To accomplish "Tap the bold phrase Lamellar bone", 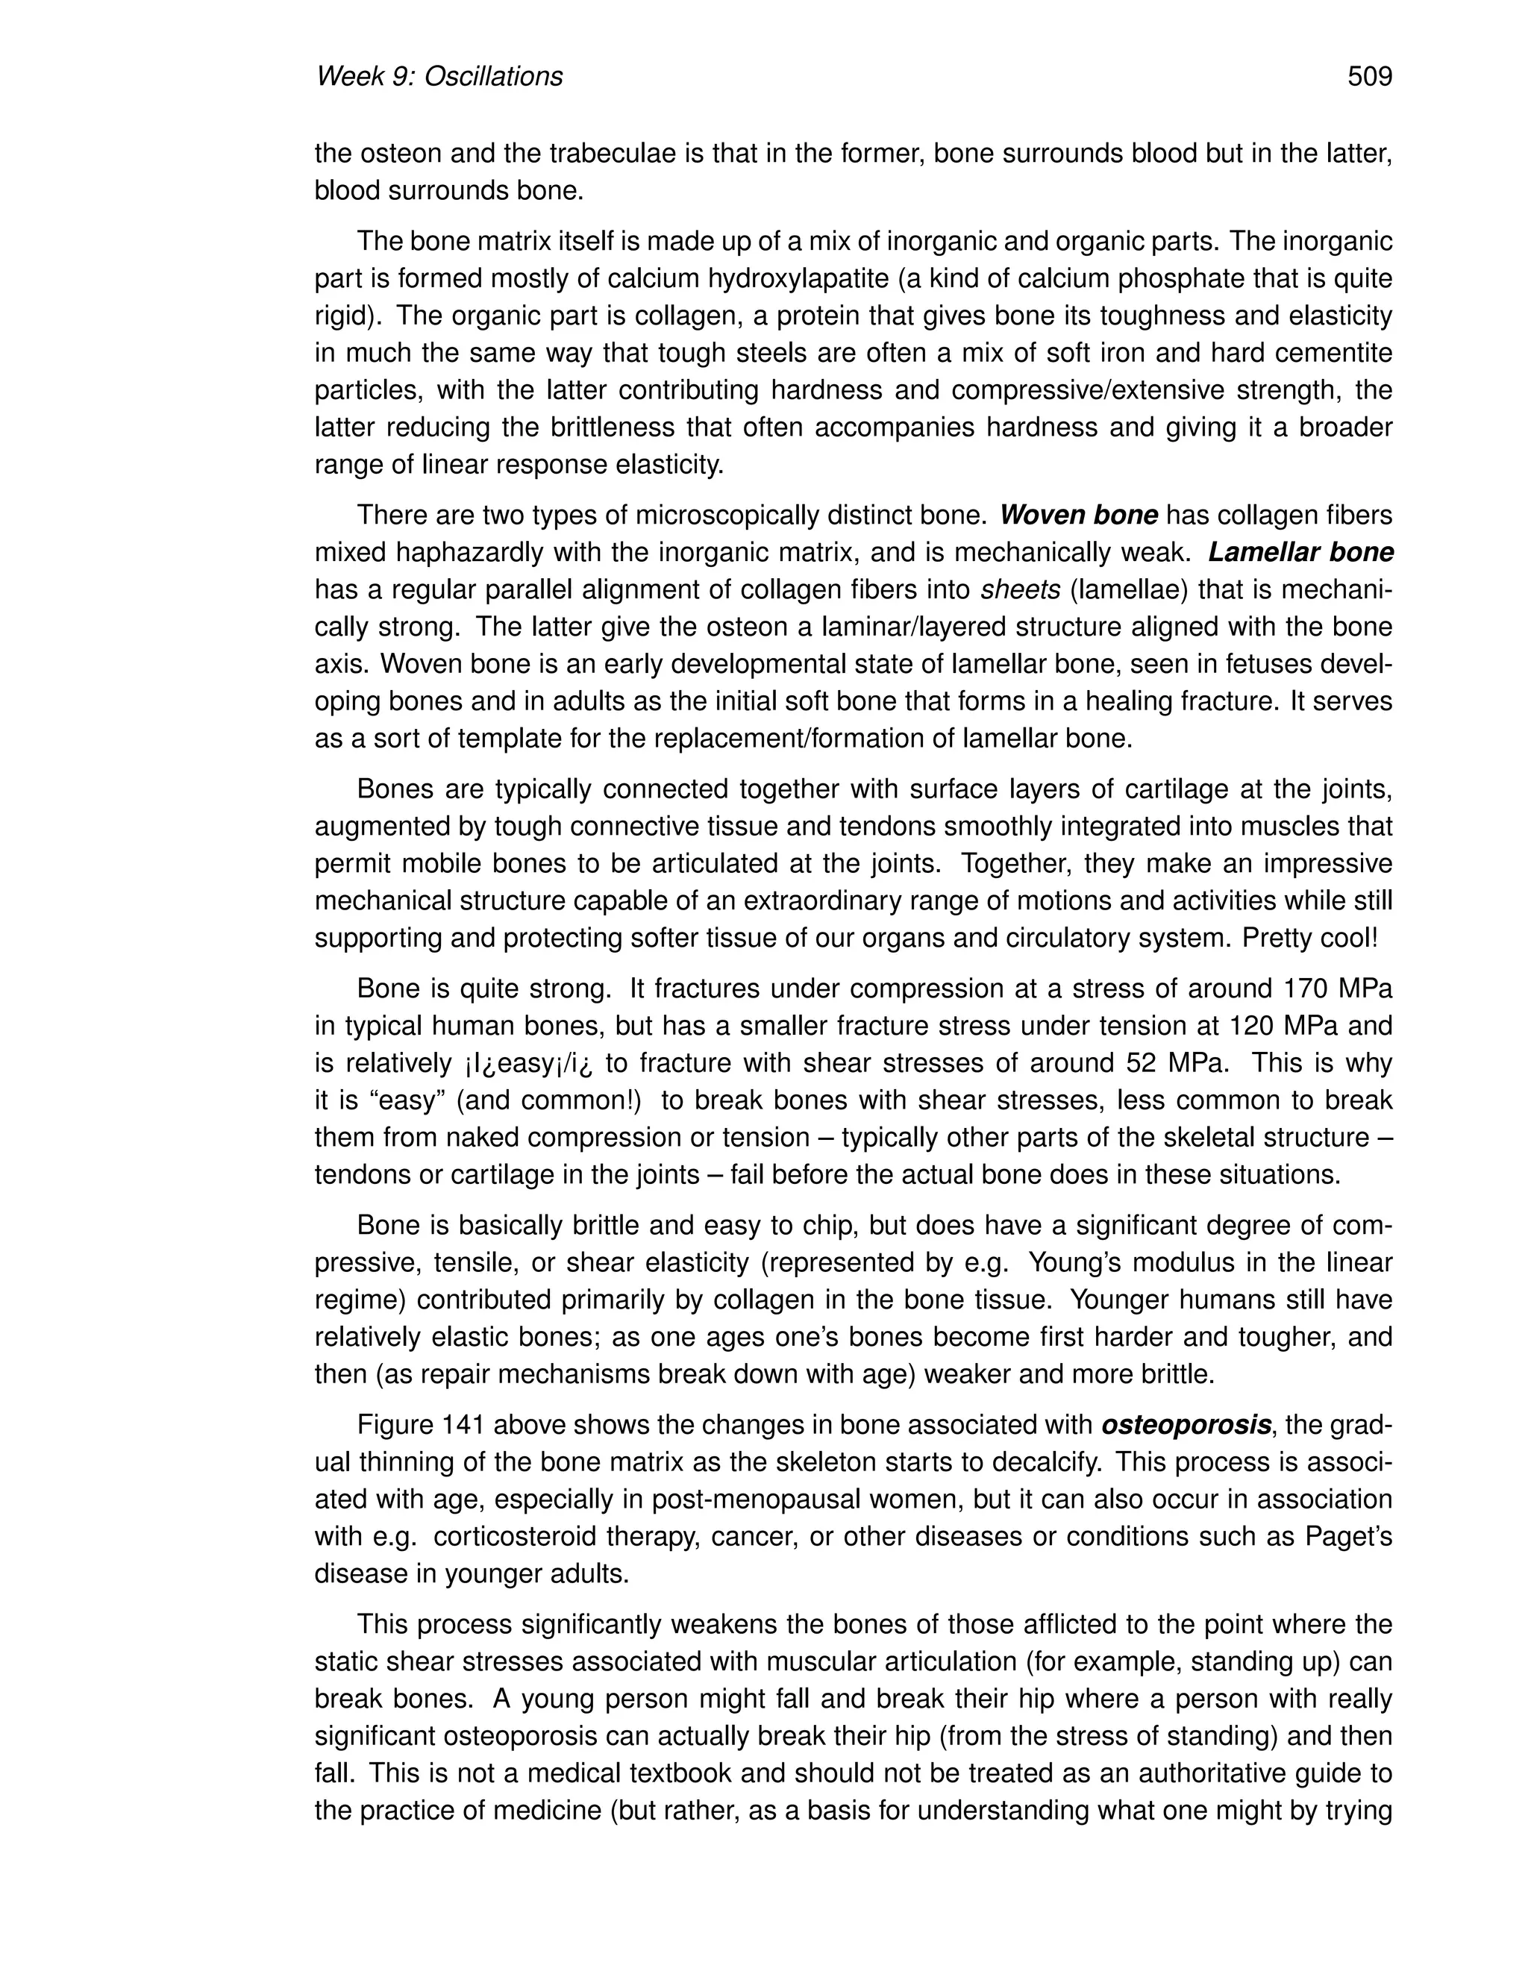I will coord(1300,553).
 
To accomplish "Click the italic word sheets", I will coord(1020,590).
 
